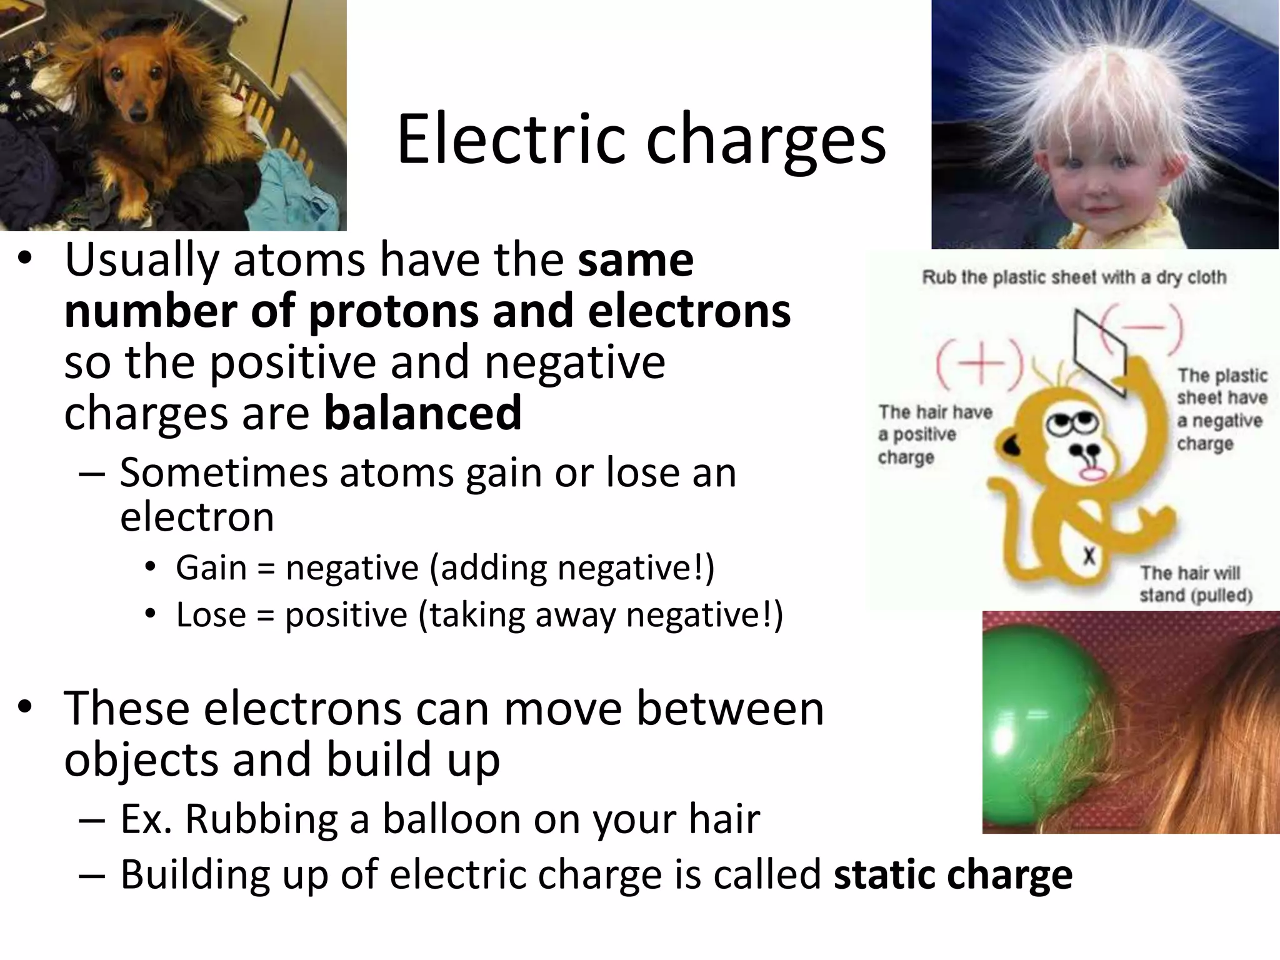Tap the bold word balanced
click(423, 413)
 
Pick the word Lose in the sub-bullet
click(211, 614)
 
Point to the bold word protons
click(395, 311)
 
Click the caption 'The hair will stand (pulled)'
click(1195, 584)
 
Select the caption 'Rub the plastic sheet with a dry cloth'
click(1074, 277)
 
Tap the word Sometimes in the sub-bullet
click(223, 473)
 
